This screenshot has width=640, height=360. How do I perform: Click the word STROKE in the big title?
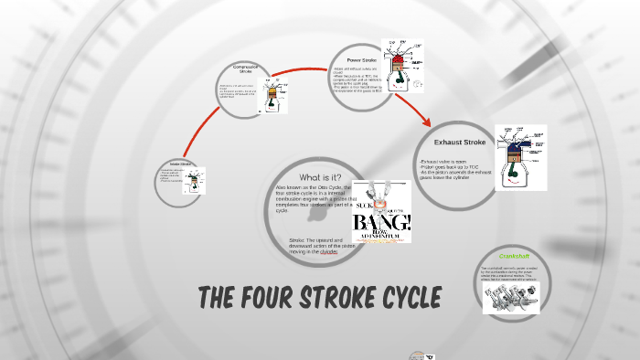click(334, 299)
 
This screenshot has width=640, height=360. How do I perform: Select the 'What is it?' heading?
click(320, 176)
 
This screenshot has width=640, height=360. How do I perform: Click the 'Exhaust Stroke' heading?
click(459, 143)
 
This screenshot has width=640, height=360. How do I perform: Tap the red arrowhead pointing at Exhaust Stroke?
click(426, 122)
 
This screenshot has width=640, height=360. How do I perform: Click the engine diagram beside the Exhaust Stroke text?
click(520, 157)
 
